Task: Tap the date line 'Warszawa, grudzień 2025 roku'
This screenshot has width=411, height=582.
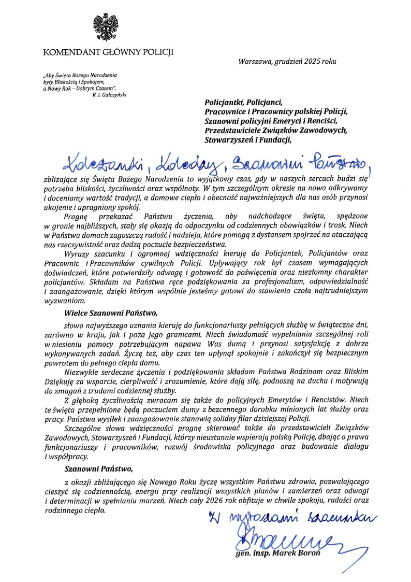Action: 287,61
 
